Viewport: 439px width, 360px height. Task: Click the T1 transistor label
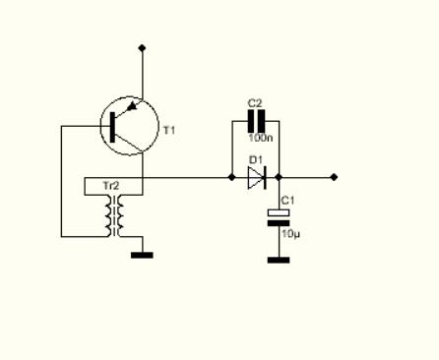point(169,131)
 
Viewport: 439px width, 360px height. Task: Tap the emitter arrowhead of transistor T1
point(132,106)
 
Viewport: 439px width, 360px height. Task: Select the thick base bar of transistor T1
point(112,127)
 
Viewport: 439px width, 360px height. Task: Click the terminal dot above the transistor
point(142,48)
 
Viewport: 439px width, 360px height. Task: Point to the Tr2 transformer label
point(111,186)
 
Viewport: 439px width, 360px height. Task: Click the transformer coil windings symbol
point(114,215)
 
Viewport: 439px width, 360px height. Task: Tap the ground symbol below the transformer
point(142,255)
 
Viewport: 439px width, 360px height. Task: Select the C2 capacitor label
point(255,103)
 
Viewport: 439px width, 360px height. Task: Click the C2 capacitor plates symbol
point(256,121)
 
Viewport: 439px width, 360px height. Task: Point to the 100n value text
point(261,138)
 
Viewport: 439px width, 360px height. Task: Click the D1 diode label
point(256,160)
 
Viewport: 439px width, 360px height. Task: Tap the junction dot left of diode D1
point(231,177)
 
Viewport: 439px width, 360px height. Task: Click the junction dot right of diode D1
point(279,177)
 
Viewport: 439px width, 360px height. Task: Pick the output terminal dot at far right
point(334,177)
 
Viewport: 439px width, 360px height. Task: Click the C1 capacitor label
point(288,201)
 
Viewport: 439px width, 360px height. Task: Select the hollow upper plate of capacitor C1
point(279,212)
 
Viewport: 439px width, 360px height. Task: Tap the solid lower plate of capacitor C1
point(279,223)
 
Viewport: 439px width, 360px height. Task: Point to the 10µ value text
point(290,234)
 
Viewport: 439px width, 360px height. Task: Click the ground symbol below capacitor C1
point(279,260)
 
